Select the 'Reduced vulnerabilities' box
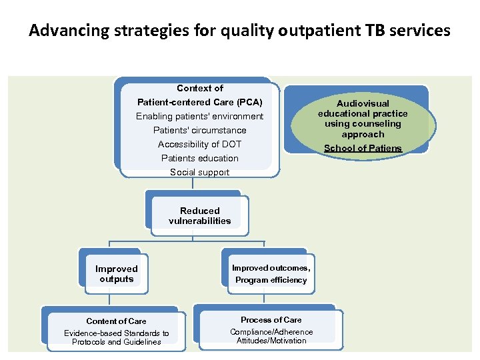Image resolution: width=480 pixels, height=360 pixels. click(199, 216)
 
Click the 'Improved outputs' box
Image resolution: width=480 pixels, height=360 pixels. click(116, 274)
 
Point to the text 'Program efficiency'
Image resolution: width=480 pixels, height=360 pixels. click(271, 280)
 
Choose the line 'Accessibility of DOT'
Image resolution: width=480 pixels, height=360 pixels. click(199, 144)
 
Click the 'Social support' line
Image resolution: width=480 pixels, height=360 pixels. click(199, 172)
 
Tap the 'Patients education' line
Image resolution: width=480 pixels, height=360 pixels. click(199, 158)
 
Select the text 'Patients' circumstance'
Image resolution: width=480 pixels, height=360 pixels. click(199, 130)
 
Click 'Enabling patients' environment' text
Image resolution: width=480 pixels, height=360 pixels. click(199, 116)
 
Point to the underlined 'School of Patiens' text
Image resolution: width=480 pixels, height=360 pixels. click(363, 148)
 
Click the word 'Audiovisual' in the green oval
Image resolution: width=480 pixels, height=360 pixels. click(363, 103)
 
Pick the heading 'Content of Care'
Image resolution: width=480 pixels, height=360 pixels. click(116, 321)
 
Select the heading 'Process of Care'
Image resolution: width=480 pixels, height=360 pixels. click(271, 319)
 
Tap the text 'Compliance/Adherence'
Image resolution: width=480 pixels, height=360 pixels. click(271, 331)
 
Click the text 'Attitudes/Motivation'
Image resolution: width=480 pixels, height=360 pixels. click(271, 341)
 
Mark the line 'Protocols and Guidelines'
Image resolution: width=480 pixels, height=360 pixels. click(116, 342)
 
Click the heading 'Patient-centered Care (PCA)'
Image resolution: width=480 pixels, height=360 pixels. click(199, 102)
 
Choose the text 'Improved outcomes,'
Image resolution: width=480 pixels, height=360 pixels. click(271, 268)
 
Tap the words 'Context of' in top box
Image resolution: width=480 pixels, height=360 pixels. click(199, 88)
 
